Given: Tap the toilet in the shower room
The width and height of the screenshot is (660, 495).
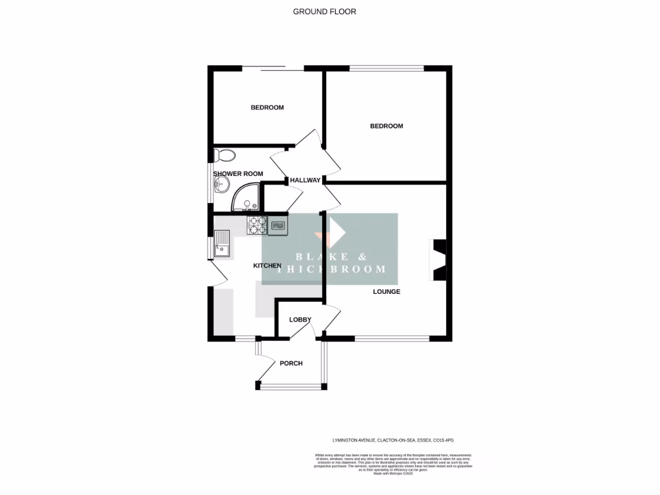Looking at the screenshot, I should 225,155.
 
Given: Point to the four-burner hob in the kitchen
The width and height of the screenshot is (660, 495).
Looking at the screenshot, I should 257,224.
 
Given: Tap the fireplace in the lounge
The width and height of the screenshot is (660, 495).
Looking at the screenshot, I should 438,260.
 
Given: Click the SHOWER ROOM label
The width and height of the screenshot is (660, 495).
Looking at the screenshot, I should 238,174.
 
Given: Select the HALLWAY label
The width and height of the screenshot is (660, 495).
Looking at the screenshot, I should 305,180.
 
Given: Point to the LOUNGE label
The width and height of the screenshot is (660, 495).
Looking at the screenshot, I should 386,292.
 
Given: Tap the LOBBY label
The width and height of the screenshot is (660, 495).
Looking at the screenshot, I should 300,320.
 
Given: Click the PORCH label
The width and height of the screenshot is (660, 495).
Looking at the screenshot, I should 291,364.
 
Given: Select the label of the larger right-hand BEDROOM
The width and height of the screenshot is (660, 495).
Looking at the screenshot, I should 386,126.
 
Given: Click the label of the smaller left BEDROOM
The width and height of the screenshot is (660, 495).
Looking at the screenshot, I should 267,108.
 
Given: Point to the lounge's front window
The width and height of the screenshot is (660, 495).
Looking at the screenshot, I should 392,338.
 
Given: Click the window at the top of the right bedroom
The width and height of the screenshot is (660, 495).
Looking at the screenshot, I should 386,68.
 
